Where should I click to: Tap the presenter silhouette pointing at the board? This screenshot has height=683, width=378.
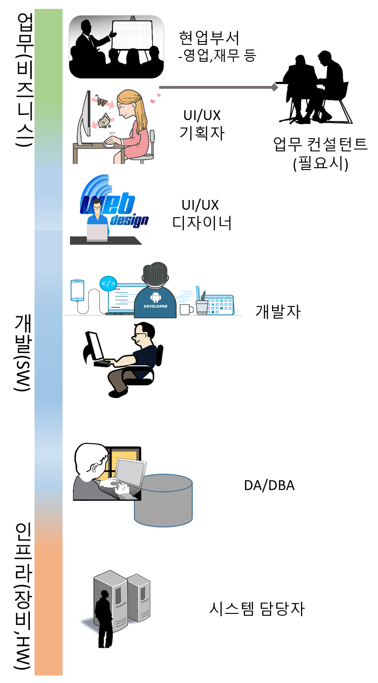[89, 40]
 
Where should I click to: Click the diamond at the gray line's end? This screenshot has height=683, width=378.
[274, 87]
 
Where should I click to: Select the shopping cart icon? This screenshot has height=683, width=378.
[101, 100]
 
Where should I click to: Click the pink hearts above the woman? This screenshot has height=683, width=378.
[155, 98]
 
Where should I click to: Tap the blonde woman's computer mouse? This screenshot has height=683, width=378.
[108, 143]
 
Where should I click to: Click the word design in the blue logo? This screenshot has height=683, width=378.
[129, 220]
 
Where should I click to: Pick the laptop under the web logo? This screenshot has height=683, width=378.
[97, 232]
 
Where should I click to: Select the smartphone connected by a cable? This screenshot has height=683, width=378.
[77, 290]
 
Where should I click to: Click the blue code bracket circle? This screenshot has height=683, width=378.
[108, 284]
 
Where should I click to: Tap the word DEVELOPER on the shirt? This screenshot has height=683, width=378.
[155, 306]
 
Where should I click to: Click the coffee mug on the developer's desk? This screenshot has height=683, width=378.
[186, 309]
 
